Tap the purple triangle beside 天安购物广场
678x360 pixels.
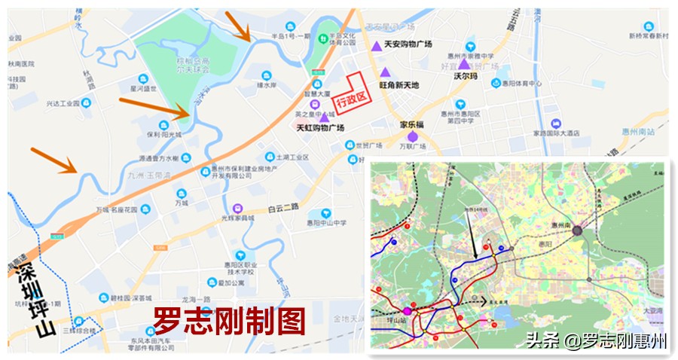pyautogui.click(x=376, y=46)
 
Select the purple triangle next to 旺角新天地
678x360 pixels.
pyautogui.click(x=385, y=72)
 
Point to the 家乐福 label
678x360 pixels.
pyautogui.click(x=413, y=124)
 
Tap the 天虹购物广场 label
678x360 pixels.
pyautogui.click(x=320, y=129)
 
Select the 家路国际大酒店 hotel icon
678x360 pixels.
pyautogui.click(x=556, y=123)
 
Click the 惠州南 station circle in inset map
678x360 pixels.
pyautogui.click(x=578, y=231)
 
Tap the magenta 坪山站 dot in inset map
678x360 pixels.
pyautogui.click(x=408, y=310)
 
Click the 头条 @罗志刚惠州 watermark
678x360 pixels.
pyautogui.click(x=596, y=340)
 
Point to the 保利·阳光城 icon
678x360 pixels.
pyautogui.click(x=163, y=125)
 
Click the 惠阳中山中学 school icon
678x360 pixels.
pyautogui.click(x=325, y=213)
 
